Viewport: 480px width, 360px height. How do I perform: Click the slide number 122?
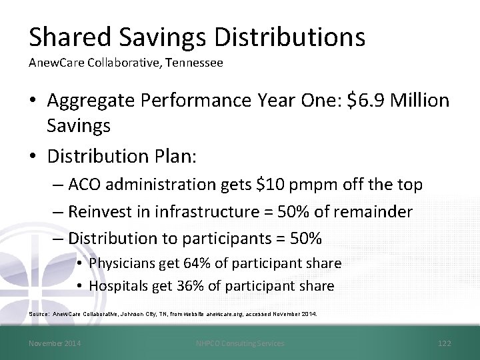pyautogui.click(x=444, y=343)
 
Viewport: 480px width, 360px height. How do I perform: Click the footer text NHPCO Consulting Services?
pyautogui.click(x=240, y=343)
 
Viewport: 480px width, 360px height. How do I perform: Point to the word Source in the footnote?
pyautogui.click(x=39, y=313)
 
